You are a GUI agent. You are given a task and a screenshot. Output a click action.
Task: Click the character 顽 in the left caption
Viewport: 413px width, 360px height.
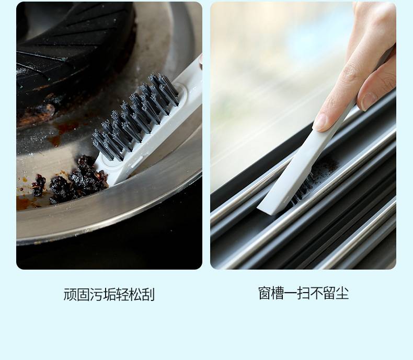point(70,295)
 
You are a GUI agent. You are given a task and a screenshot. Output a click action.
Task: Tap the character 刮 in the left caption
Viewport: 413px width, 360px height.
point(148,295)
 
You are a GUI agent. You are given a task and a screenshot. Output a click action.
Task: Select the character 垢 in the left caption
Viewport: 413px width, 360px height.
point(109,295)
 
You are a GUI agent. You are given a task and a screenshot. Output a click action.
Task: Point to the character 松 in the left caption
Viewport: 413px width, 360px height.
point(135,295)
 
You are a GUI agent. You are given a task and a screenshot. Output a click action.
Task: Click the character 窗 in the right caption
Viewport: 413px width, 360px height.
point(265,293)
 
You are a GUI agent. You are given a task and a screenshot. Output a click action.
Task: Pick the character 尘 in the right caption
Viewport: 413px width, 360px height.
point(342,293)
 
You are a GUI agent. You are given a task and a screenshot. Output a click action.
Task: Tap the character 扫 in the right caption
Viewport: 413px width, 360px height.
point(303,293)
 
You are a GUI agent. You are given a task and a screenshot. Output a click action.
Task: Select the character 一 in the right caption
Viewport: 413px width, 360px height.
point(291,293)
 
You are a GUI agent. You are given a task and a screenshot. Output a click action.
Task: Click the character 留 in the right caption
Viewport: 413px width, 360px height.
point(329,293)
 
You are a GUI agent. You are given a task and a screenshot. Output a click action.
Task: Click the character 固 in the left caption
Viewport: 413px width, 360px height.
point(83,295)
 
